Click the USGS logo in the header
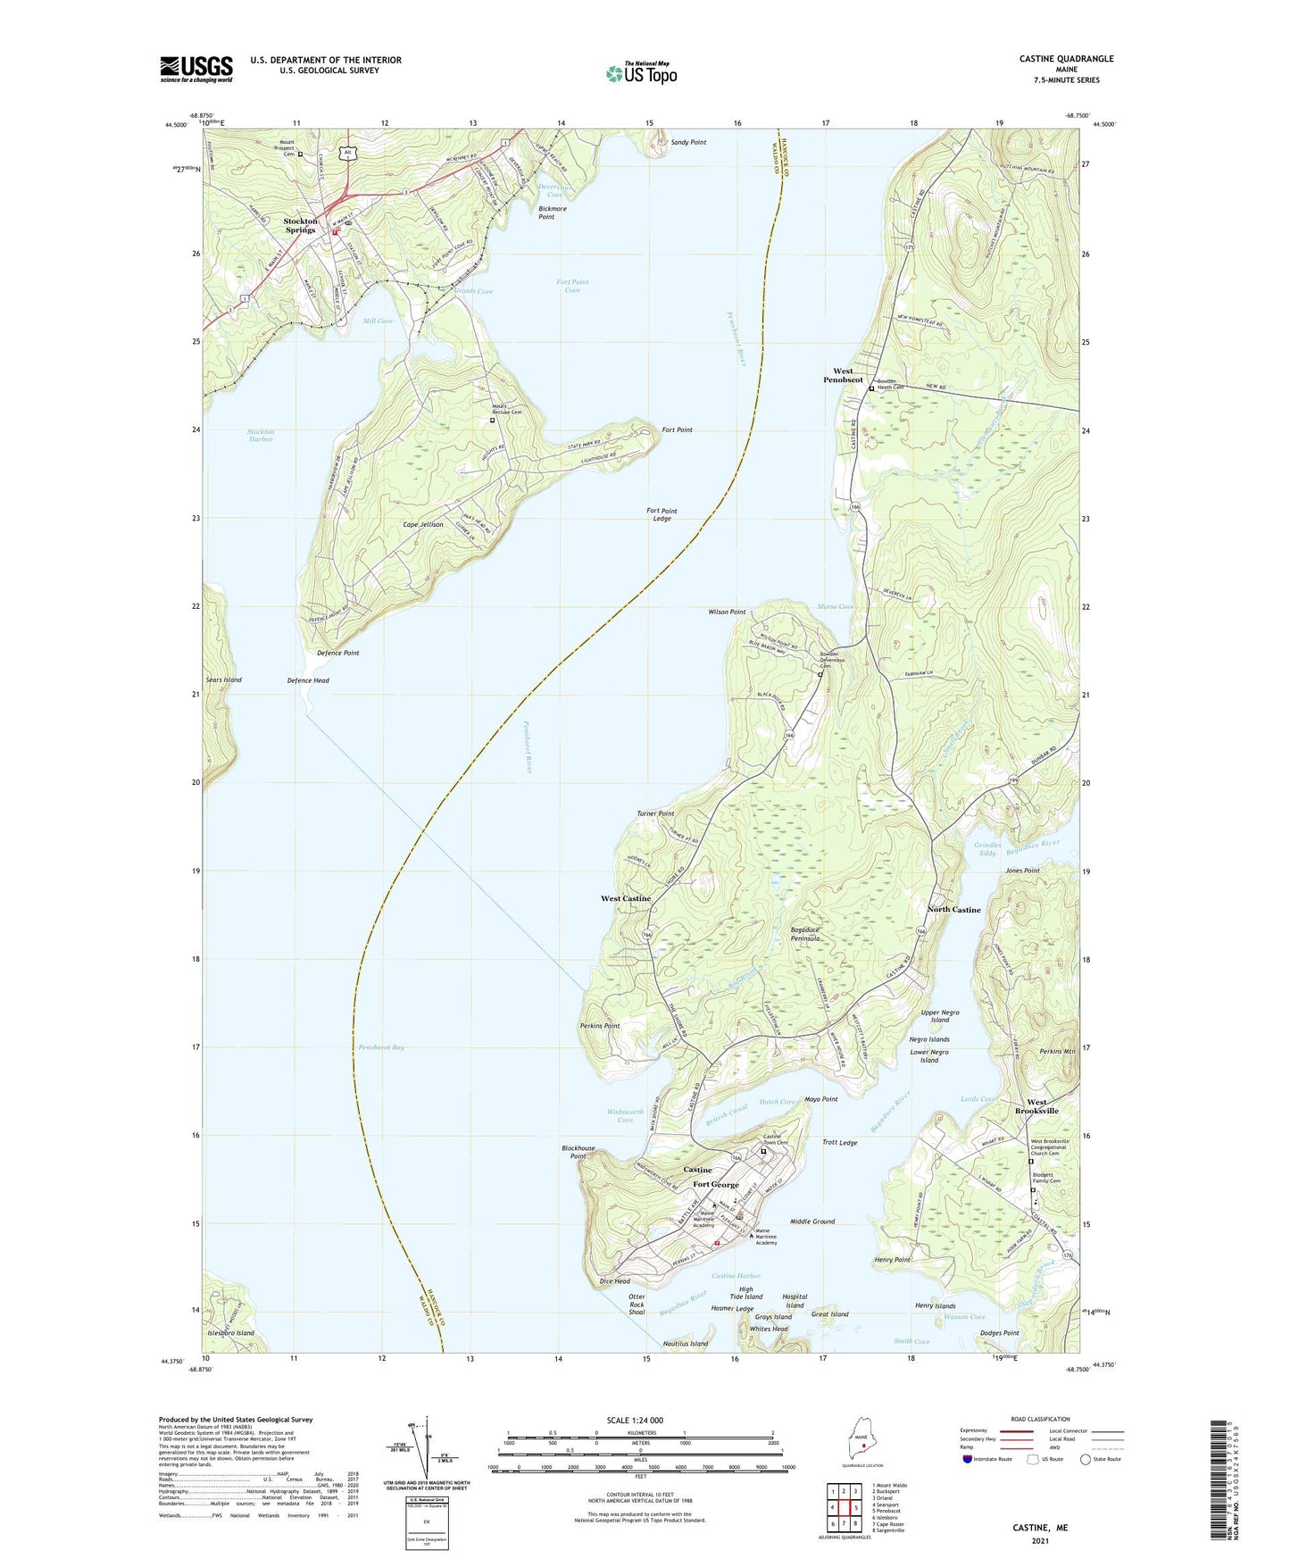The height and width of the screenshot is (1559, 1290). pyautogui.click(x=196, y=69)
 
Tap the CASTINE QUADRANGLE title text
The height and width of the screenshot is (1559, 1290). pyautogui.click(x=1066, y=59)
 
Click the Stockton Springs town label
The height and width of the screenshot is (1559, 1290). pyautogui.click(x=300, y=225)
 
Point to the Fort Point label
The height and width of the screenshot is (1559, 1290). pyautogui.click(x=677, y=429)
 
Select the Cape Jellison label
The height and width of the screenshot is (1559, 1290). pyautogui.click(x=423, y=524)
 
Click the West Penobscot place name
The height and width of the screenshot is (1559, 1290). pyautogui.click(x=843, y=375)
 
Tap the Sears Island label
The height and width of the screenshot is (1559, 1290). pyautogui.click(x=224, y=679)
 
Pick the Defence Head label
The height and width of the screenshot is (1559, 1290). pyautogui.click(x=308, y=680)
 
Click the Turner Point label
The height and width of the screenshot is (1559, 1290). pyautogui.click(x=655, y=813)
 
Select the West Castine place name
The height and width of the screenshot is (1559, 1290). pyautogui.click(x=625, y=898)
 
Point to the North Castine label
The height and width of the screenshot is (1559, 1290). pyautogui.click(x=953, y=909)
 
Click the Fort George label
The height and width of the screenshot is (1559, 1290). pyautogui.click(x=716, y=1184)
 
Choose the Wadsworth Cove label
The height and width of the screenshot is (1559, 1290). pyautogui.click(x=625, y=1116)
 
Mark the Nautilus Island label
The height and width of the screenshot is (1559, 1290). pyautogui.click(x=686, y=1343)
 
